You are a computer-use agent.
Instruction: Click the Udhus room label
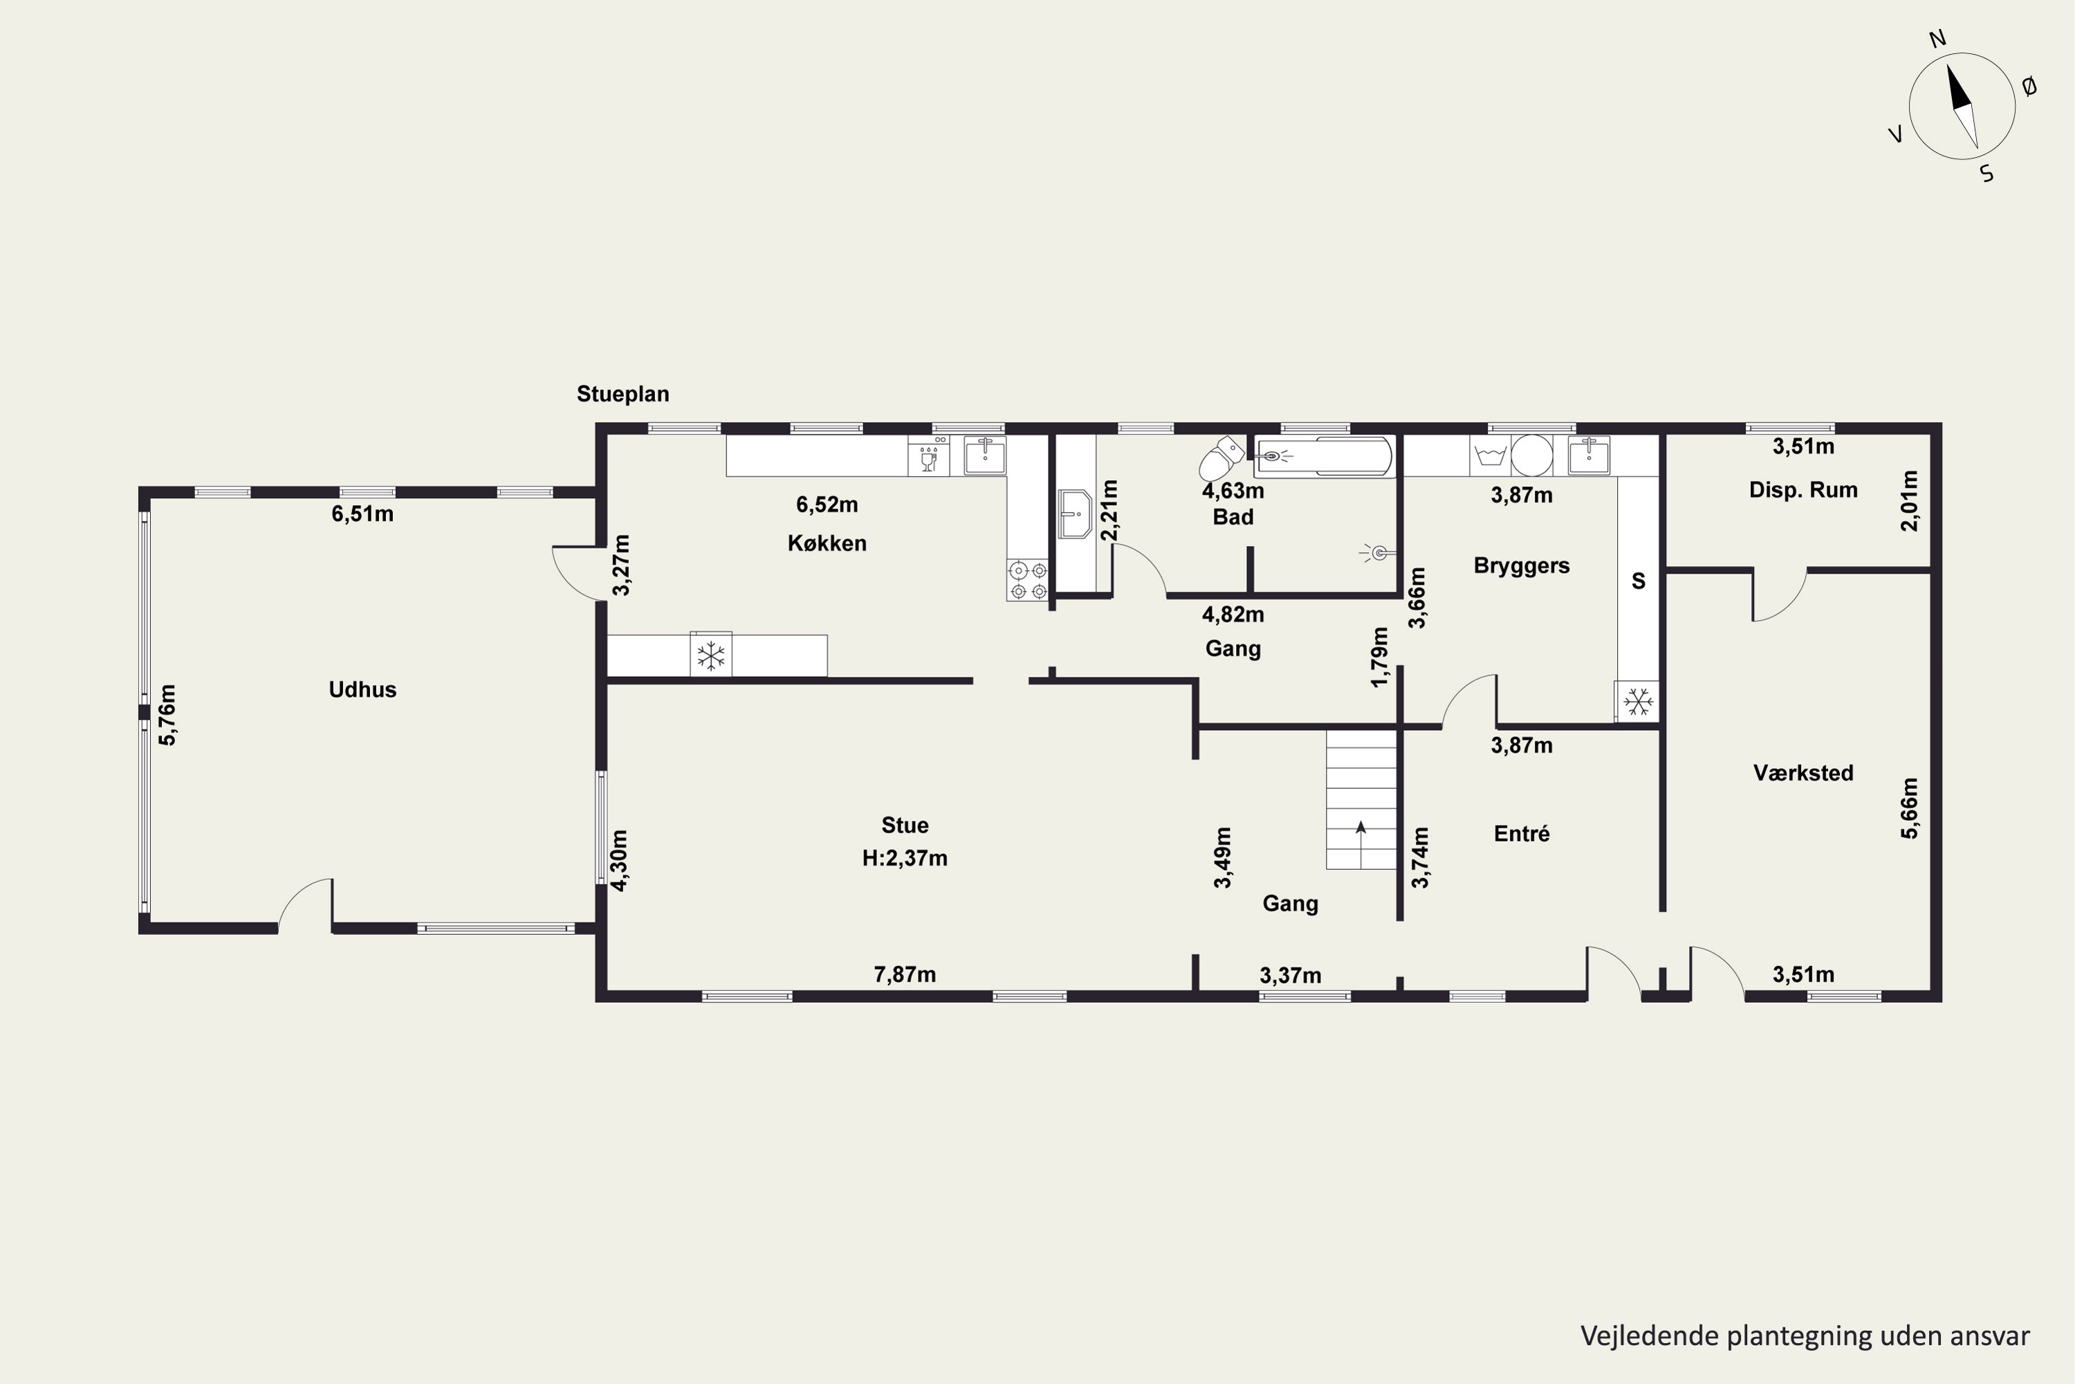click(362, 689)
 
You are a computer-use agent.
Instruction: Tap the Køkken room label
click(827, 543)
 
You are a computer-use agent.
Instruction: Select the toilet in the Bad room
click(1221, 457)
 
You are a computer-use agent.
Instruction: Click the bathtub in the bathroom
click(1323, 456)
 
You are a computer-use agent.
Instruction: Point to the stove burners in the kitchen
click(1028, 581)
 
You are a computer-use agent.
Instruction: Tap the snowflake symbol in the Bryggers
click(1639, 702)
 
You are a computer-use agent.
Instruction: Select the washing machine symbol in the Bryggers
click(1490, 455)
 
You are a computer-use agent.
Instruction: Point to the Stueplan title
click(623, 394)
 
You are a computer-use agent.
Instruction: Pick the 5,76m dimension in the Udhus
click(167, 714)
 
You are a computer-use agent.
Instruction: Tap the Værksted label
click(1802, 773)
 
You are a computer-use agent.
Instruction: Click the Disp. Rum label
click(1803, 490)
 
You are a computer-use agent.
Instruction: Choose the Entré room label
click(1522, 833)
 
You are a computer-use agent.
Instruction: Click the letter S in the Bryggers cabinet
click(1639, 581)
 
